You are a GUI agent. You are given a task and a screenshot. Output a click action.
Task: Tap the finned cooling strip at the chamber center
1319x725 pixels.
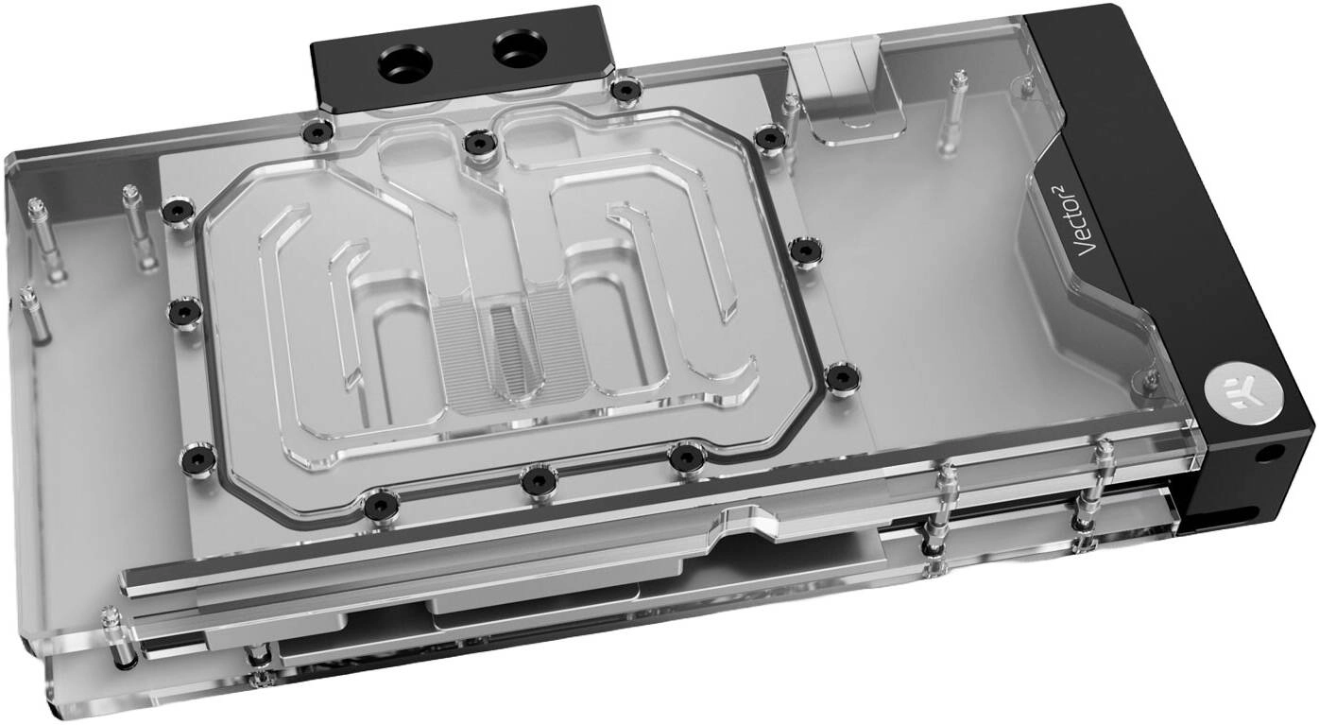tap(507, 351)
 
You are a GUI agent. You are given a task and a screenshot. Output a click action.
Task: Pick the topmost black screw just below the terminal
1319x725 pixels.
tap(625, 90)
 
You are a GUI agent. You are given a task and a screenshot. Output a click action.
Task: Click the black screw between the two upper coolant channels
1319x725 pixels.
tap(479, 142)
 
